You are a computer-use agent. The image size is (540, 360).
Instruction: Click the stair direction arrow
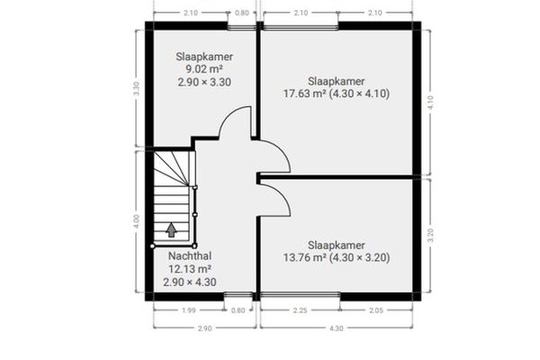pos(171,230)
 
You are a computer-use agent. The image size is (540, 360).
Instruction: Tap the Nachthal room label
pos(190,256)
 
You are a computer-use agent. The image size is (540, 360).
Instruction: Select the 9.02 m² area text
pos(204,69)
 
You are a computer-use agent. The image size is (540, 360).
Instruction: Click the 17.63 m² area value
pos(305,94)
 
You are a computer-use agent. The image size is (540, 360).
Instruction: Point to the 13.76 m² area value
pos(305,257)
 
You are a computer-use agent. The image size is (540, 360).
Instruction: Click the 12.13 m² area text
pos(190,269)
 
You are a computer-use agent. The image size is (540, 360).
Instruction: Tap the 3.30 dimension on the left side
pos(137,88)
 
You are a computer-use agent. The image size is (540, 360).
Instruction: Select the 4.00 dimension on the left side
pos(137,221)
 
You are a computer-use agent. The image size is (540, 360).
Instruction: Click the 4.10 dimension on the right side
pos(430,103)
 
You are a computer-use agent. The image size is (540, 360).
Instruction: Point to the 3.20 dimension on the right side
pos(430,235)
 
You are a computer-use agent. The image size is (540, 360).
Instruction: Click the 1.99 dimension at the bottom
pos(189,310)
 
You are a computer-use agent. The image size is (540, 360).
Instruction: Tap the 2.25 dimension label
pos(300,310)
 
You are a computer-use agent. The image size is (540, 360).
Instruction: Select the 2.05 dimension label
pos(376,310)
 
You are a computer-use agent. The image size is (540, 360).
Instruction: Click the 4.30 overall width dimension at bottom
pos(336,328)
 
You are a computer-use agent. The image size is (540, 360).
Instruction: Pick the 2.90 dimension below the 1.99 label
pos(204,328)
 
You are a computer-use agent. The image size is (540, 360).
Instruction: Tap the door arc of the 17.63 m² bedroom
pos(281,151)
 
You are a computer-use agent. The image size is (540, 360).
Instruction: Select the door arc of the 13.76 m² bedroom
pos(281,197)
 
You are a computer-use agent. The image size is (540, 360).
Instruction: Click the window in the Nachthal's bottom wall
pos(238,295)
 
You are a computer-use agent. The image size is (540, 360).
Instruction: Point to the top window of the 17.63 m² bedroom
pos(301,27)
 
